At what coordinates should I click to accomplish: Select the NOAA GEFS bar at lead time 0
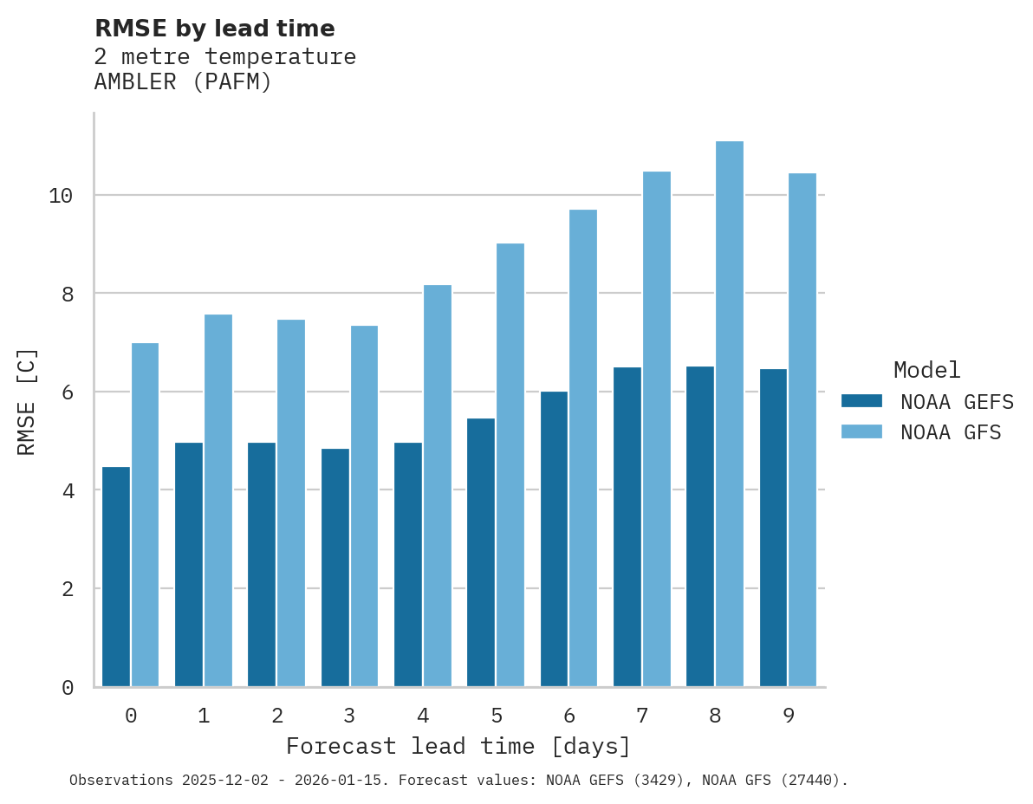coord(116,576)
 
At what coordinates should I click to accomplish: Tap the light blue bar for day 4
coord(437,485)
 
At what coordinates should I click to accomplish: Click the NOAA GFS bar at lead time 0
coord(145,515)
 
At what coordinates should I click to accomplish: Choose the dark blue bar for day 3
coord(335,567)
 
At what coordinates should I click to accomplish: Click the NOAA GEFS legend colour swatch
coord(861,401)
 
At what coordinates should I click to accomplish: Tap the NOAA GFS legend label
coord(951,432)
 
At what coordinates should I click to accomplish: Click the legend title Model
coord(927,371)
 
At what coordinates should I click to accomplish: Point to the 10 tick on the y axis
coord(61,196)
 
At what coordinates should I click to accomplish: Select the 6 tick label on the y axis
coord(67,392)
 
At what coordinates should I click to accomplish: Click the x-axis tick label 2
coord(276,716)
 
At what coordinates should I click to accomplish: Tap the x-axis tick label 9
coord(788,716)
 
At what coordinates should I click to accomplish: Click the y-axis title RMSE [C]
coord(27,400)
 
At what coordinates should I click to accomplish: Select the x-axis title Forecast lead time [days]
coord(458,746)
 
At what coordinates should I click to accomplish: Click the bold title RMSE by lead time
coord(214,29)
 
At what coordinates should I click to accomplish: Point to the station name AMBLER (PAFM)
coord(183,83)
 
